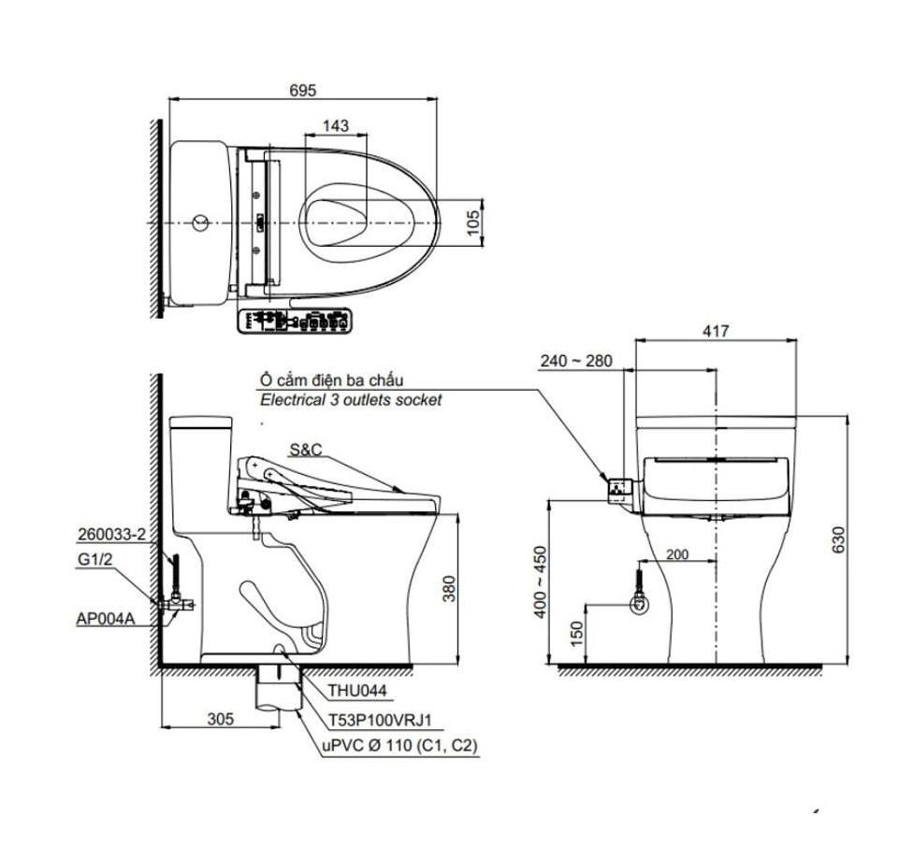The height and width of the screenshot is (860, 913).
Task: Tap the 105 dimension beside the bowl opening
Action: click(473, 222)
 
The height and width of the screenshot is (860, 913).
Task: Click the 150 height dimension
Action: click(577, 634)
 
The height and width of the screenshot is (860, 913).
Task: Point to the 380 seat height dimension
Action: click(449, 587)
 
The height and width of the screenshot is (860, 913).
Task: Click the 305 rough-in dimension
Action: click(219, 719)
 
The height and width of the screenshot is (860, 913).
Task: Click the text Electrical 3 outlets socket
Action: click(350, 399)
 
